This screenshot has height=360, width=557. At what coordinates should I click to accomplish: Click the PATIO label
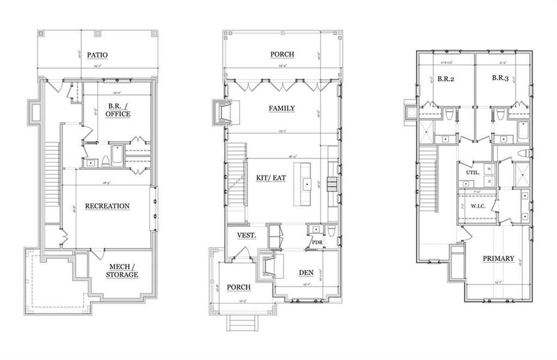click(x=97, y=55)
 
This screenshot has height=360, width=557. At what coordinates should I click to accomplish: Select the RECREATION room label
click(x=107, y=206)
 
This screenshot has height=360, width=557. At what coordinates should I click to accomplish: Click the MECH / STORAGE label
click(x=123, y=271)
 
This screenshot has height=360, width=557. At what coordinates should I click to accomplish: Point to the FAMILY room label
click(x=282, y=108)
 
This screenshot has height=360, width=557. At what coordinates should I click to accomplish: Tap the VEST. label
click(x=247, y=235)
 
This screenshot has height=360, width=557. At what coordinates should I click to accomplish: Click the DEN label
click(x=307, y=272)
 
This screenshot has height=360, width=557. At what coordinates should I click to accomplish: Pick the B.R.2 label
click(x=445, y=78)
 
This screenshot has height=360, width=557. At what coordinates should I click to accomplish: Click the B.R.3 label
click(x=501, y=78)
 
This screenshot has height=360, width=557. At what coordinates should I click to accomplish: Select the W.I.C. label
click(x=478, y=205)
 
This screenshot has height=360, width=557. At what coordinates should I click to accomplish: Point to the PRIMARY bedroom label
click(x=498, y=259)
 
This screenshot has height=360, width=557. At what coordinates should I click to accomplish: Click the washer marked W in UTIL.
click(x=489, y=169)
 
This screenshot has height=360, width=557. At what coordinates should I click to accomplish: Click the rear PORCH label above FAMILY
click(x=282, y=54)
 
